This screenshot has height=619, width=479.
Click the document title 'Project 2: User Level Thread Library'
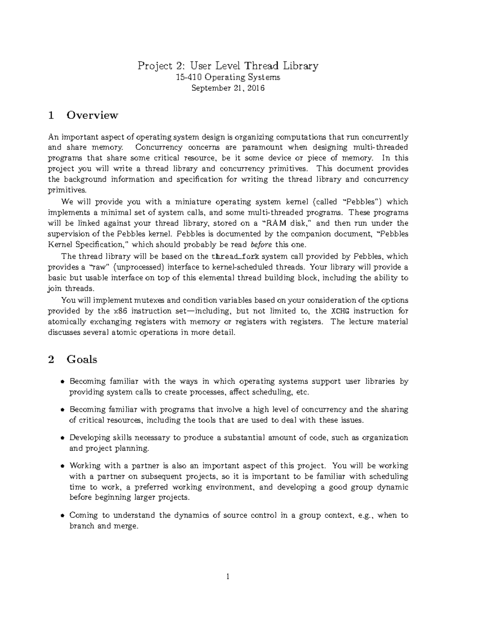click(x=228, y=65)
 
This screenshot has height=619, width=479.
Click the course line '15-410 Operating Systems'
click(x=228, y=77)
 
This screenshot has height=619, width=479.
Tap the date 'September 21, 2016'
click(x=228, y=88)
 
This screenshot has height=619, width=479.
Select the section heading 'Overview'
click(x=92, y=115)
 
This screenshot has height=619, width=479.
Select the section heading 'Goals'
click(x=82, y=360)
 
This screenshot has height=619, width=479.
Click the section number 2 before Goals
click(x=51, y=360)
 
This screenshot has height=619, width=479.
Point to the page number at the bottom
click(x=228, y=576)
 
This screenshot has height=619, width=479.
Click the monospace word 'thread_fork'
click(x=236, y=256)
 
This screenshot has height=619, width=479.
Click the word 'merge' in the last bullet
click(x=127, y=526)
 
